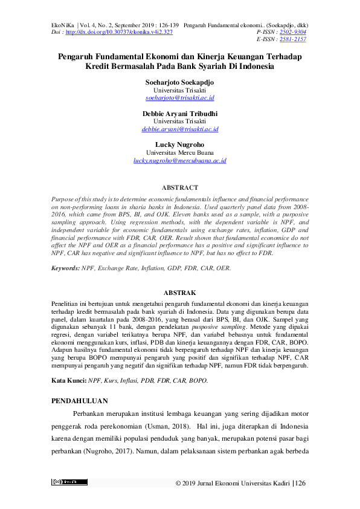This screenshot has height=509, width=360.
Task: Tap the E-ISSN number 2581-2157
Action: [291, 39]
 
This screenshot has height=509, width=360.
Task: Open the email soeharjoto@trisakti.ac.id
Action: [180, 97]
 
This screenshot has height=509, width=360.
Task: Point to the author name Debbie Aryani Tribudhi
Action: [180, 114]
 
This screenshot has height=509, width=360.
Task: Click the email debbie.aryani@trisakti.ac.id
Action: [180, 129]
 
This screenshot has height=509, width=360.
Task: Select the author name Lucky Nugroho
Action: [180, 145]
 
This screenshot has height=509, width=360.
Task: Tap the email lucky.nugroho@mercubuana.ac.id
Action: [180, 161]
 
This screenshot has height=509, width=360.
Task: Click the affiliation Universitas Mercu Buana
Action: [180, 153]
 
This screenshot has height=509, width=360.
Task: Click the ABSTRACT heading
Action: [180, 188]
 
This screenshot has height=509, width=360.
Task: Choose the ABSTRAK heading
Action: [180, 292]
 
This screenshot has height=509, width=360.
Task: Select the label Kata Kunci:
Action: [69, 364]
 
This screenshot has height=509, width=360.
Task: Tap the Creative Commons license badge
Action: [69, 482]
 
